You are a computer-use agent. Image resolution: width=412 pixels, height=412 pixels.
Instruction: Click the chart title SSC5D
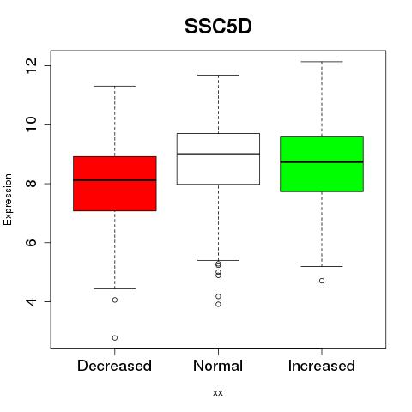coord(218,27)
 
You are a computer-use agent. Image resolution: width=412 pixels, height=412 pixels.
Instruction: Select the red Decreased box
coord(115,184)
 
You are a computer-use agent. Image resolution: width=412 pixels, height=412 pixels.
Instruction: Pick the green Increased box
coord(322,164)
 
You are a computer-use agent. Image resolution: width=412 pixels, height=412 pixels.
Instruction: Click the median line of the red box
coord(115,180)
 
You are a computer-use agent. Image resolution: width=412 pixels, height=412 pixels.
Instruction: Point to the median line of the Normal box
coord(218,154)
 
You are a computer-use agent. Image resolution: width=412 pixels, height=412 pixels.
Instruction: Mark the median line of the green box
coord(322,162)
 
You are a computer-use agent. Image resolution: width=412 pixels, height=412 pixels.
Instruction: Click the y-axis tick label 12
coord(32,65)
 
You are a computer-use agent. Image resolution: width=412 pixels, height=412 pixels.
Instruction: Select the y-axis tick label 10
coord(32,124)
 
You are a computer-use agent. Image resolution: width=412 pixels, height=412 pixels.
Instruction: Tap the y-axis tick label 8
coord(32,184)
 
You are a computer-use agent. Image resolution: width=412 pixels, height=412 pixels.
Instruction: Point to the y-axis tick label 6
coord(32,242)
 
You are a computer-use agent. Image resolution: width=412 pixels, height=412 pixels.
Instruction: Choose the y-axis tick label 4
coord(32,301)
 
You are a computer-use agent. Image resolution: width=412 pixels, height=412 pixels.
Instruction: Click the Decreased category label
coord(114,366)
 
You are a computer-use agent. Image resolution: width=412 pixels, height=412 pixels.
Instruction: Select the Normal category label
coord(218,366)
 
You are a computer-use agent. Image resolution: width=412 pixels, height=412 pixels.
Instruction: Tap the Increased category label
coord(322,366)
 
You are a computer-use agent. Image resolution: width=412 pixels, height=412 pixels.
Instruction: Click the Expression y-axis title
coord(8,199)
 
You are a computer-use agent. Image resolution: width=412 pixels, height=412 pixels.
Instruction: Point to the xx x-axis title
coord(218,393)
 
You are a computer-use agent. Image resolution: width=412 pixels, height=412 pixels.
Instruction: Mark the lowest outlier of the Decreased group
coord(115,338)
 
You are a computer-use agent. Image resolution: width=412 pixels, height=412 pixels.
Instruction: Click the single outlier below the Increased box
coord(322,281)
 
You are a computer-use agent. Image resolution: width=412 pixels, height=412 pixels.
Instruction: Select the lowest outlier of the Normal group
coord(218,304)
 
